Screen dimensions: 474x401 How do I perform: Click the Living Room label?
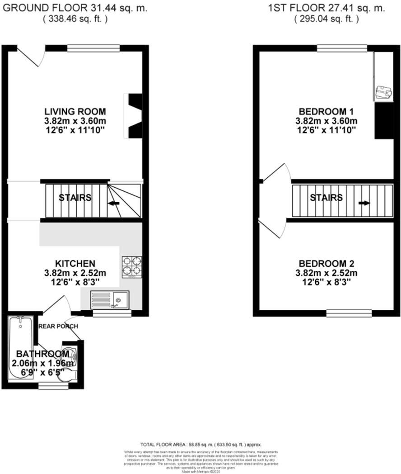75,111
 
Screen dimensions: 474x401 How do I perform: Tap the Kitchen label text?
75,263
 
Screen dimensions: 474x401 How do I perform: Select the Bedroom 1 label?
326,111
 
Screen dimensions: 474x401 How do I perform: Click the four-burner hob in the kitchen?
131,265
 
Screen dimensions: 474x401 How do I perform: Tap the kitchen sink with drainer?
110,299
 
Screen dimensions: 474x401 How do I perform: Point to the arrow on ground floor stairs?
114,204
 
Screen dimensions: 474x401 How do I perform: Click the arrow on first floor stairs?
364,203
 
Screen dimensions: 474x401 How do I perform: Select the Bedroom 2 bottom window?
349,312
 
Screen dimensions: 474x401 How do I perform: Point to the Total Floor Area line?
200,445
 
